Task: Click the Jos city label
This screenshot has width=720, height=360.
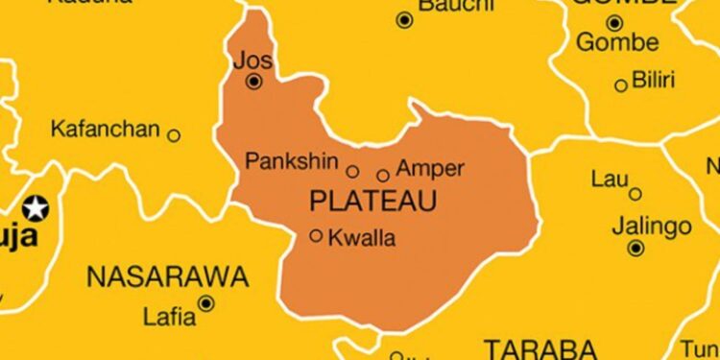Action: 253,60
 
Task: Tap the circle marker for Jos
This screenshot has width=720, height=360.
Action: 253,83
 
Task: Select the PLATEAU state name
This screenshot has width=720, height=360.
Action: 373,202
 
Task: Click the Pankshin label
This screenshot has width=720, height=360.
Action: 293,161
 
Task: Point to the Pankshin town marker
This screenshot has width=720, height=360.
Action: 352,172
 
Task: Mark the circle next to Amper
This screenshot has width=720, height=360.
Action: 383,175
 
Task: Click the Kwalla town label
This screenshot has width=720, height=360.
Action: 362,239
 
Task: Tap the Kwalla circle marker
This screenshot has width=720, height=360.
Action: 316,235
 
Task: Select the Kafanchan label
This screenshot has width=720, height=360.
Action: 105,128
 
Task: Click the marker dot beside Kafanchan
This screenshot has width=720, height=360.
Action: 174,135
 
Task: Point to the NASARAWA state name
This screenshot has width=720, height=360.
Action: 167,278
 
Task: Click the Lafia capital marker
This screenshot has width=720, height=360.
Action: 205,304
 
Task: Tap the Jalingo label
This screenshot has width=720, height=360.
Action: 652,228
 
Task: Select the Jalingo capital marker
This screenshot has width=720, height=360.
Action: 636,249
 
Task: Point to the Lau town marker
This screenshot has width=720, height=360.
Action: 635,194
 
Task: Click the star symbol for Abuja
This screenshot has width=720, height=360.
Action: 36,206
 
